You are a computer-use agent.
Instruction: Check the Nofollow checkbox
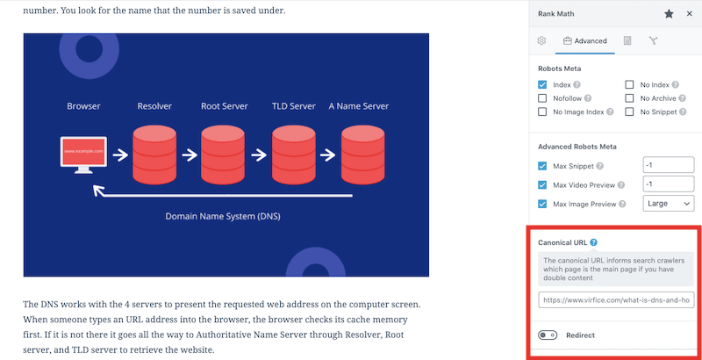pyautogui.click(x=542, y=98)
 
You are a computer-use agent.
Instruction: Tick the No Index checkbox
pyautogui.click(x=629, y=84)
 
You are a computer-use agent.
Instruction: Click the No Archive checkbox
pyautogui.click(x=629, y=98)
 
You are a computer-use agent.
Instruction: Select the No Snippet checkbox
pyautogui.click(x=629, y=112)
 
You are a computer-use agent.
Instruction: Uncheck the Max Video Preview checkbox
pyautogui.click(x=542, y=185)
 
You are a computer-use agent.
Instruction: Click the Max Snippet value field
pyautogui.click(x=669, y=165)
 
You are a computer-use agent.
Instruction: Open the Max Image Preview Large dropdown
pyautogui.click(x=669, y=204)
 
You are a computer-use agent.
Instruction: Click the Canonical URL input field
pyautogui.click(x=617, y=300)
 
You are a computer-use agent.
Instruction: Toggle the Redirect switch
pyautogui.click(x=548, y=335)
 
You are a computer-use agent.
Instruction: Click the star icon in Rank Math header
pyautogui.click(x=669, y=14)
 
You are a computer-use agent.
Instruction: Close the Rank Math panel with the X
pyautogui.click(x=690, y=14)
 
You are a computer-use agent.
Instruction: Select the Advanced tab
pyautogui.click(x=585, y=40)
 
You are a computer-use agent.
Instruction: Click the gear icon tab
pyautogui.click(x=541, y=40)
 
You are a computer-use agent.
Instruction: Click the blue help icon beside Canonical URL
pyautogui.click(x=594, y=242)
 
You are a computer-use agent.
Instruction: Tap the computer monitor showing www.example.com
pyautogui.click(x=83, y=155)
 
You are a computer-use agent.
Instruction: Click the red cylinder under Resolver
pyautogui.click(x=154, y=155)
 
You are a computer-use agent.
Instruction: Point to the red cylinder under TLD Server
pyautogui.click(x=294, y=155)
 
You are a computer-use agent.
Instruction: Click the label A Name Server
pyautogui.click(x=359, y=106)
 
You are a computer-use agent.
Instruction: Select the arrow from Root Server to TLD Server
pyautogui.click(x=259, y=155)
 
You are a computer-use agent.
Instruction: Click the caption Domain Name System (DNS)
pyautogui.click(x=223, y=216)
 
